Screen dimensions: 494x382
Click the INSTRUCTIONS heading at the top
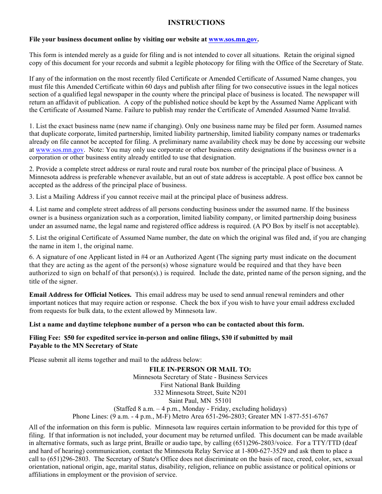click(x=196, y=23)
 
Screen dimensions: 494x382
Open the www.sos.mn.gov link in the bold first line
click(x=233, y=39)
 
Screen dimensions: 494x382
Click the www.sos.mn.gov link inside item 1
click(x=60, y=150)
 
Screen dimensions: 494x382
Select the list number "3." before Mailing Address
click(x=31, y=197)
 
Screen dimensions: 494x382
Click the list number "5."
click(x=31, y=238)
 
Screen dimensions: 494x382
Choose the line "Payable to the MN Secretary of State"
click(x=83, y=346)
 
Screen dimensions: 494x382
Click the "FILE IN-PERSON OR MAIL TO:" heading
click(x=200, y=369)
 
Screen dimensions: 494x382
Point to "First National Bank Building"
click(x=200, y=385)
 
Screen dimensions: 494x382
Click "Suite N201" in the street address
click(x=230, y=393)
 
